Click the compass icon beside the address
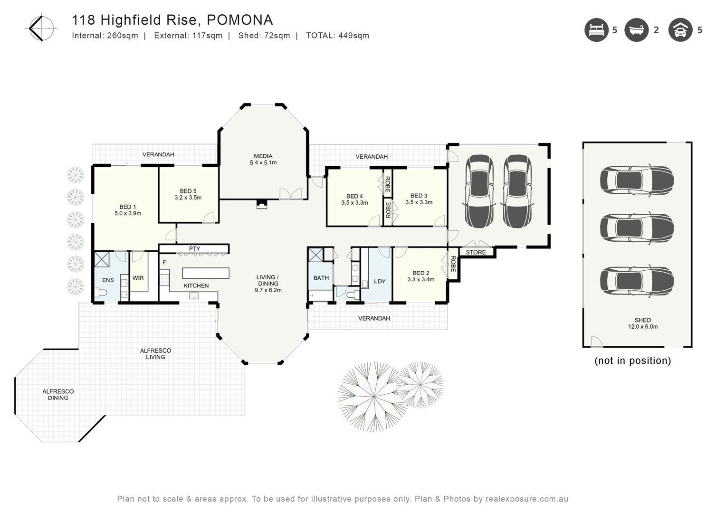click(41, 28)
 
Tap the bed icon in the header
click(596, 30)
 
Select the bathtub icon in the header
click(636, 30)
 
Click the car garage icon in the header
click(680, 30)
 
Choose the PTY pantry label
click(194, 248)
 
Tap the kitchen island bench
click(206, 273)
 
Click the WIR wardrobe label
click(138, 278)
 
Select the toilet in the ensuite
click(100, 293)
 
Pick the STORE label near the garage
click(476, 252)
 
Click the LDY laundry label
click(380, 281)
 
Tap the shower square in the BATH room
click(315, 255)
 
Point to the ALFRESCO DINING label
click(58, 394)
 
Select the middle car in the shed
click(637, 228)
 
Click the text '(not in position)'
click(633, 361)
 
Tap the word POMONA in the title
click(240, 20)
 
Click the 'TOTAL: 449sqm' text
click(337, 35)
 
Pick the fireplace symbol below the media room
click(262, 204)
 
